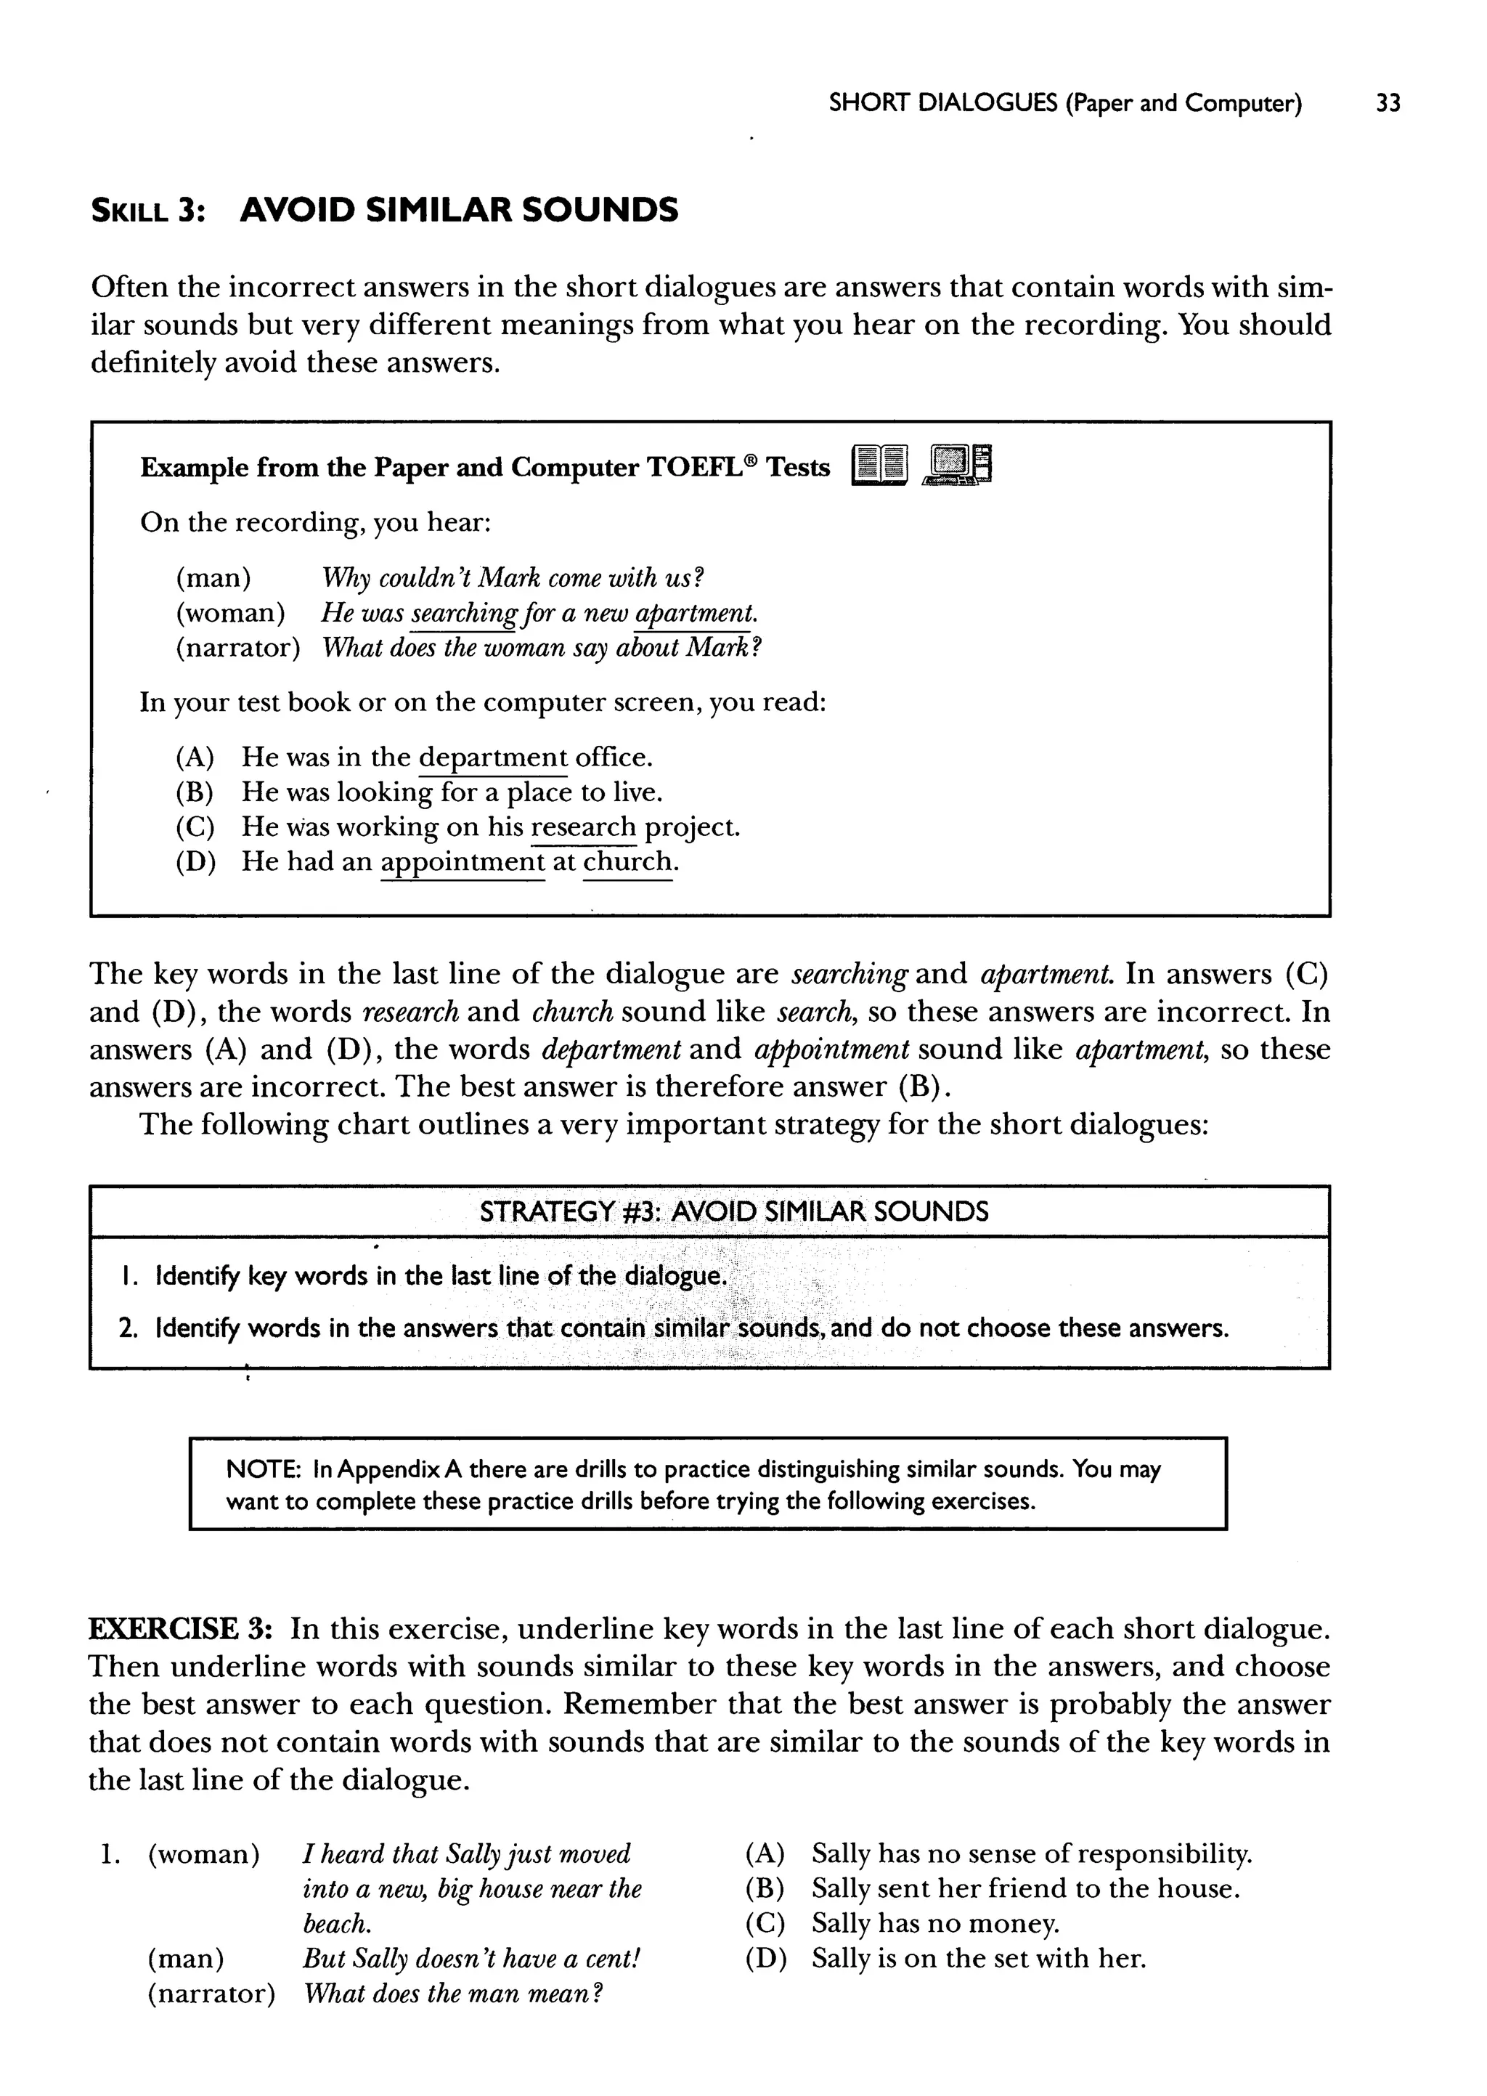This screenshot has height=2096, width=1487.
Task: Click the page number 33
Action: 1388,103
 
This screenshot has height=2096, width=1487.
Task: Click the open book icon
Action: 879,464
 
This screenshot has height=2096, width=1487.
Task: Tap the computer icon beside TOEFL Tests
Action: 958,464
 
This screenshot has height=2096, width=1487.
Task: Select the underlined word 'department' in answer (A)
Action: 492,758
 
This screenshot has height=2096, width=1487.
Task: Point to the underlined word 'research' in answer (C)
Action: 583,828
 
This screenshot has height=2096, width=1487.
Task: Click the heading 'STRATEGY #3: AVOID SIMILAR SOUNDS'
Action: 733,1212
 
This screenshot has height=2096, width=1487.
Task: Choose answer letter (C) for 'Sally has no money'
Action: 765,1924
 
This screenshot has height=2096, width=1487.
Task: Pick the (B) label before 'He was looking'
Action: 194,793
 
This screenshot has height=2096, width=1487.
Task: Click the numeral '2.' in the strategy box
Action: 129,1328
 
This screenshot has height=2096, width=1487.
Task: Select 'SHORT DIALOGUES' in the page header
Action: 942,103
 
